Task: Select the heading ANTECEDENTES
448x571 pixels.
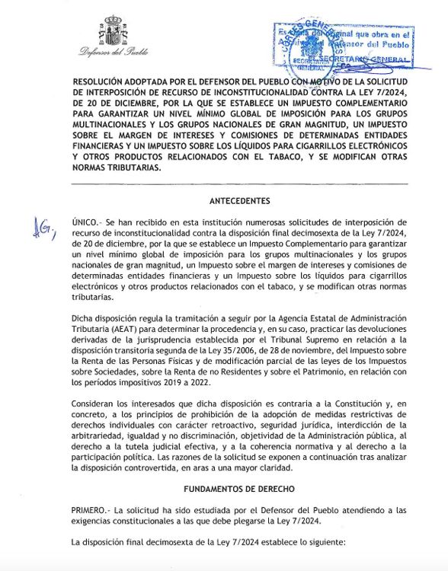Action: pos(239,201)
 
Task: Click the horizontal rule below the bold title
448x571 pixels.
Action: pos(239,184)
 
